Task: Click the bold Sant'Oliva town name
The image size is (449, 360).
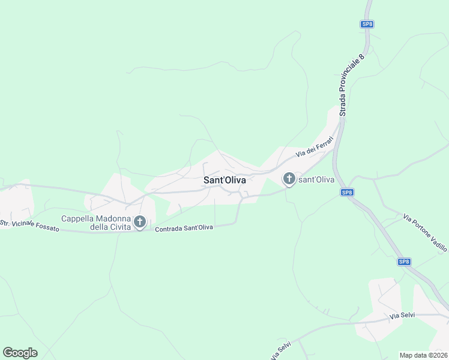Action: coord(225,179)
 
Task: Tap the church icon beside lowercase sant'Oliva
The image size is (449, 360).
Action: coord(289,179)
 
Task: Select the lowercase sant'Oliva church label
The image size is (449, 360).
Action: coord(316,179)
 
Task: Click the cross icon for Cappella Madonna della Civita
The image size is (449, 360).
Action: coord(140,223)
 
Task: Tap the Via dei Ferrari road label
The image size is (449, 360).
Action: coord(315,147)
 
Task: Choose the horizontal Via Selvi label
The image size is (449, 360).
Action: coord(403,316)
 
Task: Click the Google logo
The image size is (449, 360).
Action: coord(20,353)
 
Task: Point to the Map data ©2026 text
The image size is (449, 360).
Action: coord(423,355)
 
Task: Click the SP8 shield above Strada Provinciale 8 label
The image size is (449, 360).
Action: coord(367,24)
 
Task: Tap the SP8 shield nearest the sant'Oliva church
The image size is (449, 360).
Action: coord(347,192)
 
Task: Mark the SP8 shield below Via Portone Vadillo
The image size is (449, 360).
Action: coord(404,262)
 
